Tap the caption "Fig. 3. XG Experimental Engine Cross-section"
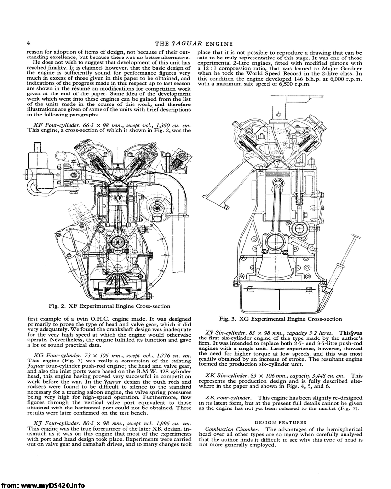pos(280,319)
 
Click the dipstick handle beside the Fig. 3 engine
pos(356,237)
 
